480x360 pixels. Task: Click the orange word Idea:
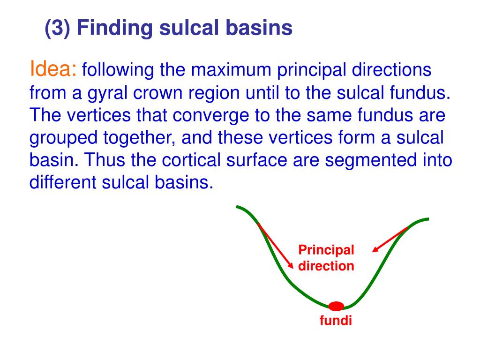click(x=53, y=68)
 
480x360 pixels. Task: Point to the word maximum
click(x=231, y=70)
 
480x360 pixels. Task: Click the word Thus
click(x=105, y=159)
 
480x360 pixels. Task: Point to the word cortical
click(x=191, y=159)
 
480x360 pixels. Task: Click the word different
click(x=63, y=182)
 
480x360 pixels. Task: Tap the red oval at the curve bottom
click(x=336, y=306)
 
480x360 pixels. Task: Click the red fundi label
click(x=336, y=321)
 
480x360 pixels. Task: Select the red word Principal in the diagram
click(x=326, y=250)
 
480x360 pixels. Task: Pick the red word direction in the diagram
click(x=326, y=266)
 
